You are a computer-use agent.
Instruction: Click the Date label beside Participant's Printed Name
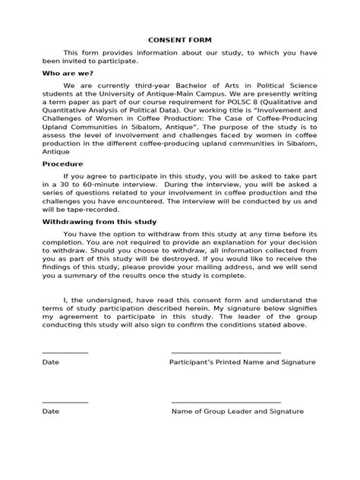coord(50,362)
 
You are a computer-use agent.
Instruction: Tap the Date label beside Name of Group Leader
coord(50,411)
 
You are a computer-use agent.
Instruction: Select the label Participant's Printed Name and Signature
coord(242,362)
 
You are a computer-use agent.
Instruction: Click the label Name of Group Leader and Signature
coord(237,411)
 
